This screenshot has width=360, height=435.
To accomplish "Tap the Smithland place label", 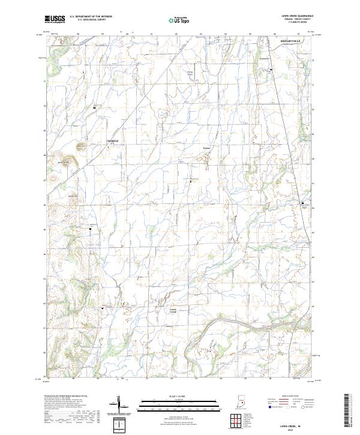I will pyautogui.click(x=112, y=142).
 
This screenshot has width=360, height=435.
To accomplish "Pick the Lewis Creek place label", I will pyautogui.click(x=173, y=310).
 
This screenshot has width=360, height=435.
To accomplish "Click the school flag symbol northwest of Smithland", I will pyautogui.click(x=94, y=107).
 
